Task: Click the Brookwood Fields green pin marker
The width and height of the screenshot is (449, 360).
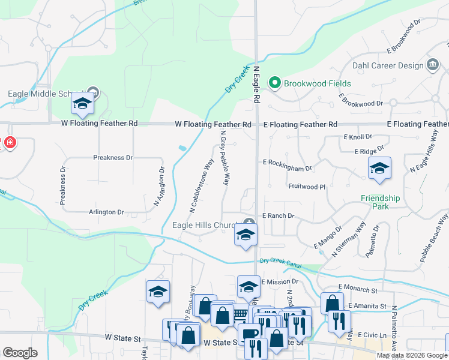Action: (276, 83)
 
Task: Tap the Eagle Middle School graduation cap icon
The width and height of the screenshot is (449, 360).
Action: (82, 105)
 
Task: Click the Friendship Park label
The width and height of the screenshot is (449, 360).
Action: (380, 202)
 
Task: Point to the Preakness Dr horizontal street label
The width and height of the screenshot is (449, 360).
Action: (112, 158)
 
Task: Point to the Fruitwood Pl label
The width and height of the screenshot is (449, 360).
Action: (306, 187)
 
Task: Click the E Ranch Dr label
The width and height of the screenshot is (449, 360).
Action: (278, 215)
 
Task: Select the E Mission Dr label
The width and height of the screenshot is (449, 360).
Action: (280, 281)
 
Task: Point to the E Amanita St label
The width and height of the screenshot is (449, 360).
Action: (363, 307)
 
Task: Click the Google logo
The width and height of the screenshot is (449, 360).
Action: (20, 352)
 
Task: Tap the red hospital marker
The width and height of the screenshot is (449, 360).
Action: (10, 143)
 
